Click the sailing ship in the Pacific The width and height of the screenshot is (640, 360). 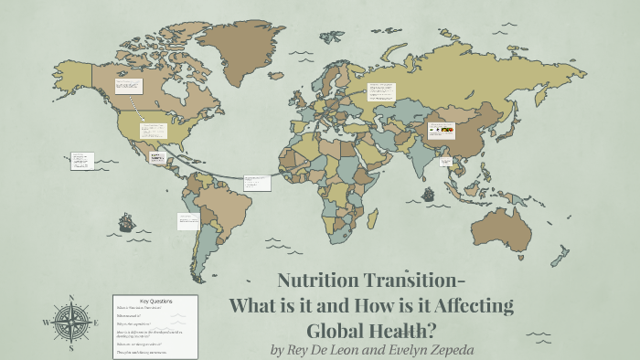click(x=126, y=221)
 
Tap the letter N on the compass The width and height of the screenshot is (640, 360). click(x=70, y=299)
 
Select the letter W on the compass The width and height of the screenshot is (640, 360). click(x=46, y=323)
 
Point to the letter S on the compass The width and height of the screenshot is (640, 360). click(x=70, y=347)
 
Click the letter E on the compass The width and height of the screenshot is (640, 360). click(x=96, y=323)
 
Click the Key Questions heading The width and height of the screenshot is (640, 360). click(x=155, y=301)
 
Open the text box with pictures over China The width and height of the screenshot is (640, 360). click(x=441, y=132)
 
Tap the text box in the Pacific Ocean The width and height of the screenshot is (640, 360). click(x=82, y=161)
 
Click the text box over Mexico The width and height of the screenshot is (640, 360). click(x=152, y=130)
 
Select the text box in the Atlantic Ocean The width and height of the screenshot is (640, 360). click(x=257, y=184)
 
